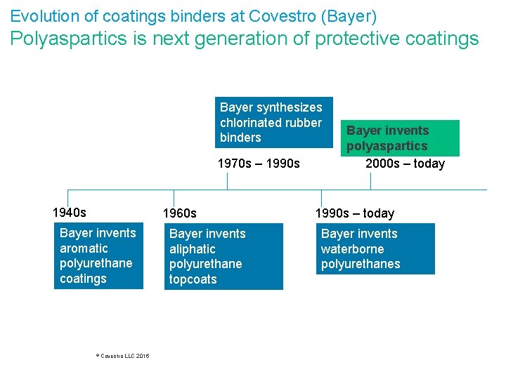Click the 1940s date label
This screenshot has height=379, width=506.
click(x=70, y=212)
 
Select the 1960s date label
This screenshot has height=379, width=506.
click(x=180, y=213)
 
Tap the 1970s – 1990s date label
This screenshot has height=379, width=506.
click(x=259, y=164)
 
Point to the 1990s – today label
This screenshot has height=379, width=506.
click(x=355, y=213)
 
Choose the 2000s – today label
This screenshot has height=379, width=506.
click(x=405, y=164)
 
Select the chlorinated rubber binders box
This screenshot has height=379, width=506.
click(x=273, y=122)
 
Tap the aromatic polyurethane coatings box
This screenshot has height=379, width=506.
click(x=98, y=256)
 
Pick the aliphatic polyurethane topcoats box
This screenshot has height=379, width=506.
click(x=225, y=256)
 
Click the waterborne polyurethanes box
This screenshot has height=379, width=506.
click(x=375, y=248)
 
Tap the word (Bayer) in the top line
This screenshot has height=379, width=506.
click(x=353, y=15)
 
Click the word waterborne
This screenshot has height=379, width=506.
click(x=353, y=249)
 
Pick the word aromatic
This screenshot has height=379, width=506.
click(x=84, y=248)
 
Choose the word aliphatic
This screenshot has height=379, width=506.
click(x=193, y=249)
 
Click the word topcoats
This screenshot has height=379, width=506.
click(x=193, y=279)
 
